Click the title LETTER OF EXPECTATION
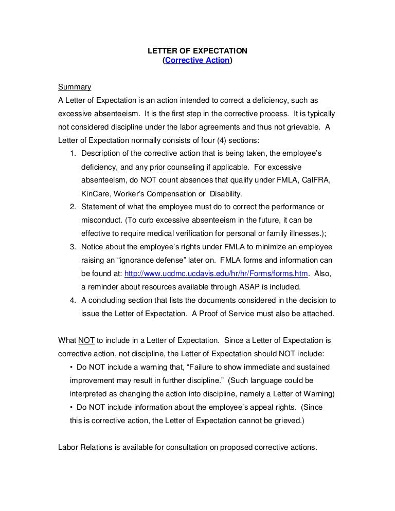pyautogui.click(x=197, y=51)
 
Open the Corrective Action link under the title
pyautogui.click(x=197, y=61)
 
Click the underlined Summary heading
pyautogui.click(x=74, y=87)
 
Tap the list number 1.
pyautogui.click(x=73, y=153)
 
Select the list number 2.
pyautogui.click(x=73, y=207)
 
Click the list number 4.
pyautogui.click(x=73, y=300)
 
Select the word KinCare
pyautogui.click(x=96, y=194)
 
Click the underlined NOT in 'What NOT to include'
pyautogui.click(x=86, y=340)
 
